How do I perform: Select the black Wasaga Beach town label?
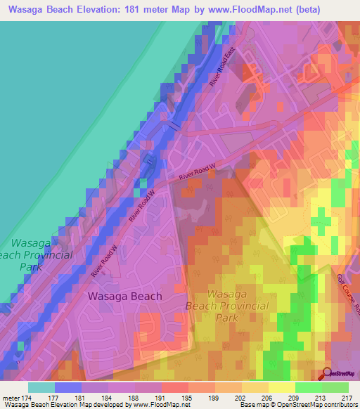[x=124, y=297]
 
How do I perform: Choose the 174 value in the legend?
[x=28, y=398]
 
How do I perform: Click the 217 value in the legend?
[x=345, y=398]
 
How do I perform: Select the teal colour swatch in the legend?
[x=41, y=387]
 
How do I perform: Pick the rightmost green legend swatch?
[x=335, y=387]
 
